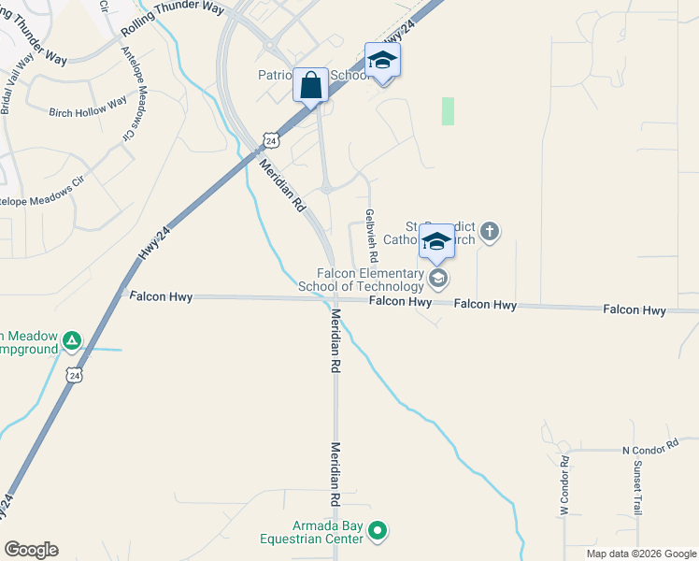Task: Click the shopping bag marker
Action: [310, 85]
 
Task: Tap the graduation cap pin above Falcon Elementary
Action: [436, 242]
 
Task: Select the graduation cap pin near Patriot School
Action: [382, 61]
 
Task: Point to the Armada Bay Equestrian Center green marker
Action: [378, 532]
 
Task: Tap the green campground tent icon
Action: [73, 341]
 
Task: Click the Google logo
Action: [31, 550]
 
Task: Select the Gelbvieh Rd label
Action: [371, 235]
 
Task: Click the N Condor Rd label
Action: [649, 450]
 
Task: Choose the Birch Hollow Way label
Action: [88, 108]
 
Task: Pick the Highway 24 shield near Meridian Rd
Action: [270, 140]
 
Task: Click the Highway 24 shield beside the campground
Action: [74, 375]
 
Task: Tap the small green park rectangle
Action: [448, 111]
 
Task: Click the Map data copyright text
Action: [640, 554]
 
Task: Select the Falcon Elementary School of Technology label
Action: [361, 280]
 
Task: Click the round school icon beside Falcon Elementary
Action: [436, 278]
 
